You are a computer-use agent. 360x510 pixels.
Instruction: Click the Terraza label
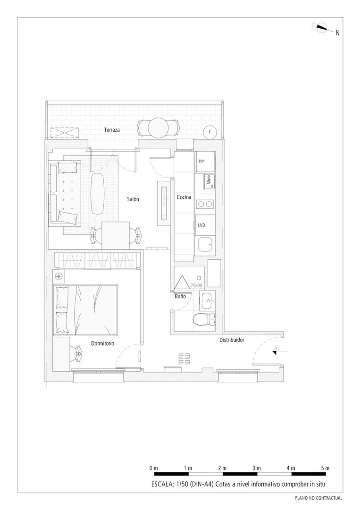pyautogui.click(x=112, y=130)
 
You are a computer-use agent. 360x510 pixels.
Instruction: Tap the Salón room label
pyautogui.click(x=133, y=199)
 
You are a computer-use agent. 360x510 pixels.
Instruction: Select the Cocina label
pyautogui.click(x=184, y=197)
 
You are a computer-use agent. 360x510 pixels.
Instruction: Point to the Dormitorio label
pyautogui.click(x=103, y=343)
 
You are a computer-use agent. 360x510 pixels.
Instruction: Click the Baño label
pyautogui.click(x=180, y=296)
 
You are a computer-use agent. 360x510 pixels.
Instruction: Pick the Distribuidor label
pyautogui.click(x=232, y=340)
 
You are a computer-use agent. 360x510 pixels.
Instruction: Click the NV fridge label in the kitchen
pyautogui.click(x=201, y=161)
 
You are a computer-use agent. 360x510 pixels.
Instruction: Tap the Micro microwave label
pyautogui.click(x=209, y=179)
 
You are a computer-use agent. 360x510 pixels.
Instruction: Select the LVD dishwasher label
pyautogui.click(x=201, y=225)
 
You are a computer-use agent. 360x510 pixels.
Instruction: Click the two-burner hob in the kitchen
pyautogui.click(x=205, y=204)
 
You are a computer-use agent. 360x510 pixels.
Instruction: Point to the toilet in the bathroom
pyautogui.click(x=204, y=319)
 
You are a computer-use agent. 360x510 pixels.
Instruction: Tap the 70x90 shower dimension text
pyautogui.click(x=196, y=285)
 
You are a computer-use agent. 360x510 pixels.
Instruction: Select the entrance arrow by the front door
pyautogui.click(x=280, y=351)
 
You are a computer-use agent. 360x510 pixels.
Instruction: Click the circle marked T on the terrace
pyautogui.click(x=210, y=132)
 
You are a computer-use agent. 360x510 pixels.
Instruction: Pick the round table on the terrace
pyautogui.click(x=158, y=128)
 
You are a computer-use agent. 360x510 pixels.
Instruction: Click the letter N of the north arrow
pyautogui.click(x=337, y=33)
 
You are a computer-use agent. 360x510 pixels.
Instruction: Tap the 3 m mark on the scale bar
pyautogui.click(x=256, y=468)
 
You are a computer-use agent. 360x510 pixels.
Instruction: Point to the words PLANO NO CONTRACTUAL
pyautogui.click(x=318, y=498)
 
